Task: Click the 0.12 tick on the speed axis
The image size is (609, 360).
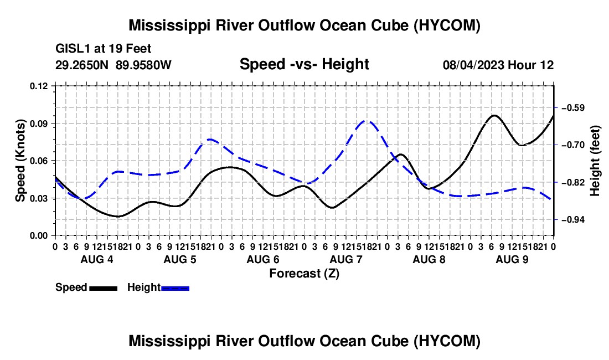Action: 38,86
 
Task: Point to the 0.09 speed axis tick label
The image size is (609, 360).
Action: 38,124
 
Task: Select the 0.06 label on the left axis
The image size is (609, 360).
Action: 38,161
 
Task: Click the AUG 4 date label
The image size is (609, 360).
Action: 97,259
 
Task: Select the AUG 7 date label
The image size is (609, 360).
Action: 346,259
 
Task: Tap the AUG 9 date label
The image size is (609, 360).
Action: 512,259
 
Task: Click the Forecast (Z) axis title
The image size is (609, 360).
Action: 304,274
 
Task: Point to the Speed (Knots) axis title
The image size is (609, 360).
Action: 20,161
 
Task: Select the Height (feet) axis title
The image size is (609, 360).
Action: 595,161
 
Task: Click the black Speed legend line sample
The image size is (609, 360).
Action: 104,288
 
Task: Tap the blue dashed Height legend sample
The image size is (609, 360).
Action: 175,288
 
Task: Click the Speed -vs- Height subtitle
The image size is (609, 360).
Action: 304,64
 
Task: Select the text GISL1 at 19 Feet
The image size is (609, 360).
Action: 104,49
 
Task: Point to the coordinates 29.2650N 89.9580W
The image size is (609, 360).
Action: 113,65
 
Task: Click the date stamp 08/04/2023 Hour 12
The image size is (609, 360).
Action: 498,65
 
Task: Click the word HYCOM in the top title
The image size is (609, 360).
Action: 447,25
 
